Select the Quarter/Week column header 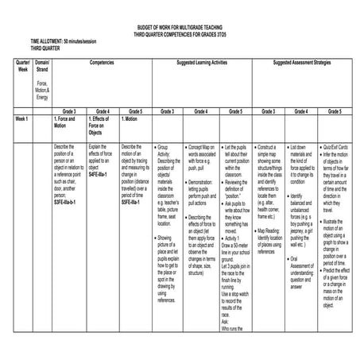(x=22, y=65)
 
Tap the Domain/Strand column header (x=43, y=65)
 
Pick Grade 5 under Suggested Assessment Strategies (x=335, y=112)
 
